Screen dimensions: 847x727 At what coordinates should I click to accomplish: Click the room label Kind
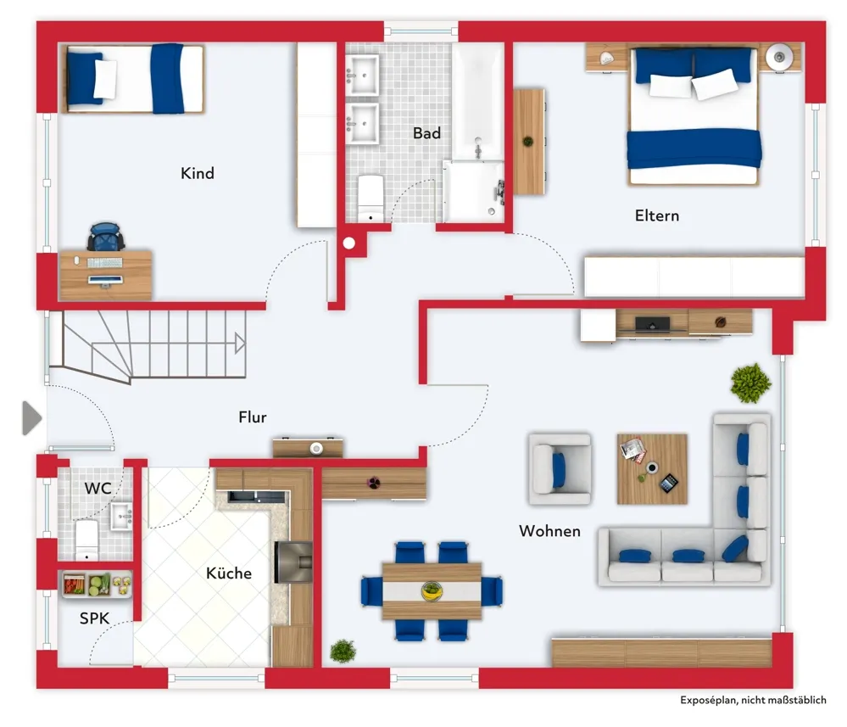[198, 173]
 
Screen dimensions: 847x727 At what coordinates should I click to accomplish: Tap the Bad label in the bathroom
[426, 133]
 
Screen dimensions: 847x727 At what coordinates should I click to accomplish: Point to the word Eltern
[657, 215]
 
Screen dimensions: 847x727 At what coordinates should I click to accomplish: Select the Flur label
[253, 417]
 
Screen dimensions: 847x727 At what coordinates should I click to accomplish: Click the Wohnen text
[549, 531]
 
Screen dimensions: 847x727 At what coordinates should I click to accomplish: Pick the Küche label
[229, 573]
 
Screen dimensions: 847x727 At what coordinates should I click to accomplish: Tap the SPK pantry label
[94, 618]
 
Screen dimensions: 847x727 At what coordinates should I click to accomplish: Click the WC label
[98, 488]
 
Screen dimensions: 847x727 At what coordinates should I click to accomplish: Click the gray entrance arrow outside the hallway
[32, 418]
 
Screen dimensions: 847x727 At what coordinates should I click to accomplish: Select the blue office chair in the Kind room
[106, 237]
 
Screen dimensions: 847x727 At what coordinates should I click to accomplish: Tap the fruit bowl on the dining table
[432, 590]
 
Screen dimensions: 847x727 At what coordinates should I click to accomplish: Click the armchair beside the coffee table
[559, 468]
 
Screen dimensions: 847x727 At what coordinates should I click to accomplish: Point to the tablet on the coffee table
[669, 483]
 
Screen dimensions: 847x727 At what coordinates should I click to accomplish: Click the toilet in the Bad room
[371, 198]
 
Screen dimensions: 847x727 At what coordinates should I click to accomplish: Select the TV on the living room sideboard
[653, 324]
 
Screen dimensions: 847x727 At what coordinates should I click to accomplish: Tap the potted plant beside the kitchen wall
[343, 651]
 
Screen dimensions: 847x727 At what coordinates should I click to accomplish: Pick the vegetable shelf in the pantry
[97, 584]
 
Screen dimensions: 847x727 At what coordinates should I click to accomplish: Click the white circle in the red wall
[349, 243]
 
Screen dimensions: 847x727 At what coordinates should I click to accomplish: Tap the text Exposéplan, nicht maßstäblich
[753, 700]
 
